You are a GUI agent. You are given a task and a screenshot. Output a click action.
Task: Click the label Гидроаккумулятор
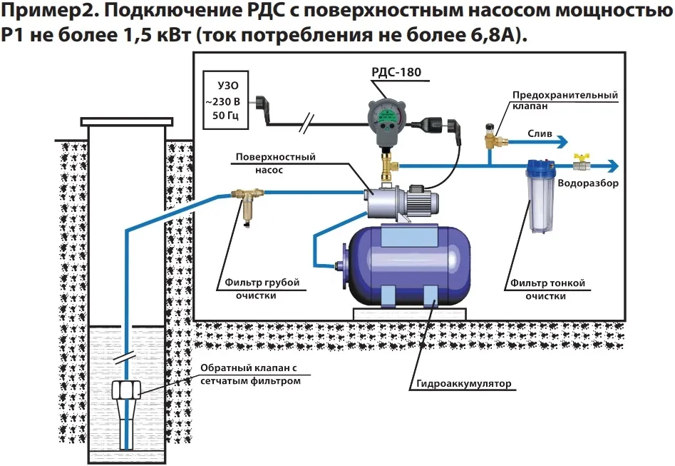[x=461, y=384]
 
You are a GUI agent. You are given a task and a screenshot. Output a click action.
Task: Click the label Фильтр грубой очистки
[x=258, y=288]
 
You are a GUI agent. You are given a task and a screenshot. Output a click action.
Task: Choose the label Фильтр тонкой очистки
[x=547, y=288]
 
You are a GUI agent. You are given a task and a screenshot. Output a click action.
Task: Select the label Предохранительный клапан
[x=564, y=99]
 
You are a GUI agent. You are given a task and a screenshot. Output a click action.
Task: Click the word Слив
[x=539, y=133]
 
